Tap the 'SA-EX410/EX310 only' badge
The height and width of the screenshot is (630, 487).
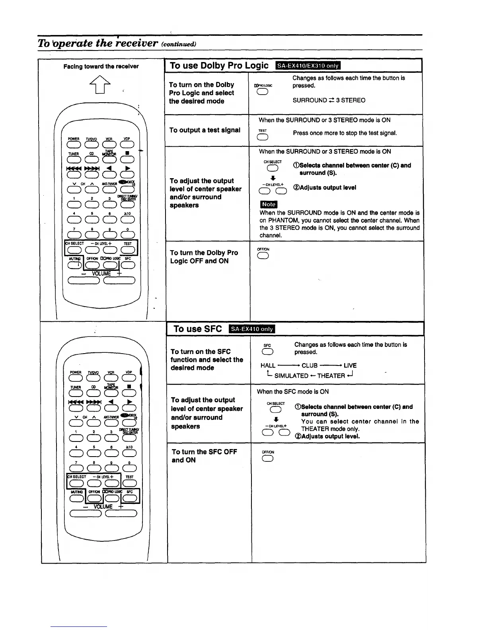coord(307,66)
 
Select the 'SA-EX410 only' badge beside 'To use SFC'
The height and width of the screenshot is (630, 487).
coord(252,329)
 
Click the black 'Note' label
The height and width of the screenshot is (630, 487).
coord(268,204)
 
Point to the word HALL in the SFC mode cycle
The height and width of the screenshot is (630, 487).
coord(268,366)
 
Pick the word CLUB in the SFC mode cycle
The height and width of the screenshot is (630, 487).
coord(309,366)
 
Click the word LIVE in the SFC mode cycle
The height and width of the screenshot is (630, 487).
coord(350,366)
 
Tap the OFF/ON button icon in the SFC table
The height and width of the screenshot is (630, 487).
coord(267,459)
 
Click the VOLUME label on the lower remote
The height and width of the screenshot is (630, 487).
coord(102,507)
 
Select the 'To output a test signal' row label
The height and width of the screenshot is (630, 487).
coord(205,130)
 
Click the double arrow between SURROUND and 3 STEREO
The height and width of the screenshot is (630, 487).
coord(331,100)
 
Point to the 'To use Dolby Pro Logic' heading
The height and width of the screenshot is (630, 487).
coord(219,66)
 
